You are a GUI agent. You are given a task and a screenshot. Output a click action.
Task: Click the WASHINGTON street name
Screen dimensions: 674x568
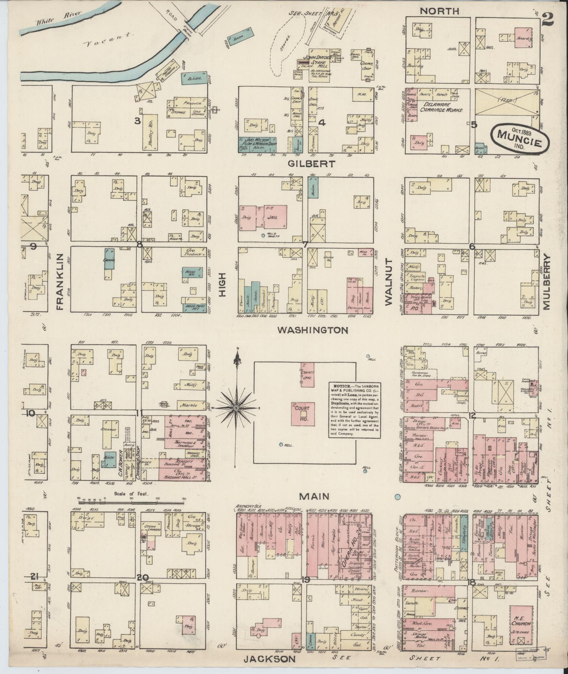click(313, 330)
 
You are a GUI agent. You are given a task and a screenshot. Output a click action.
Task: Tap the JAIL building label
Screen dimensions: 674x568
click(273, 218)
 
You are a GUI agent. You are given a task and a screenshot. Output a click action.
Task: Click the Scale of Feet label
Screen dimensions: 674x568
click(131, 494)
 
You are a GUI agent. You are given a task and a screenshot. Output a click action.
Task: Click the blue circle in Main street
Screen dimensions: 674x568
click(398, 497)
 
